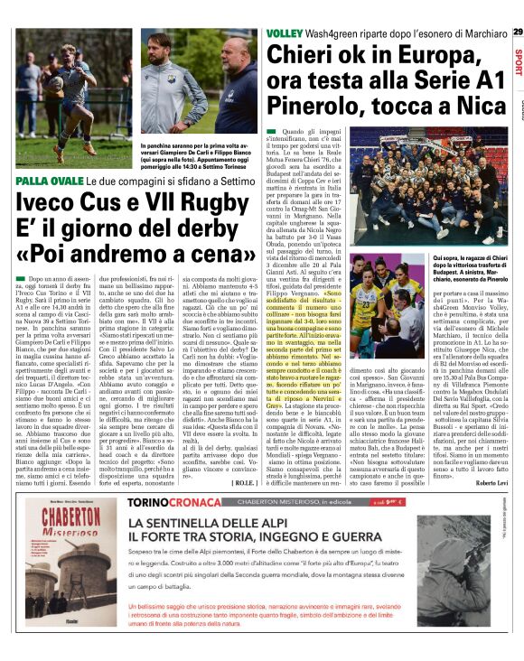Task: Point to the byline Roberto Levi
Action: [487, 457]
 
